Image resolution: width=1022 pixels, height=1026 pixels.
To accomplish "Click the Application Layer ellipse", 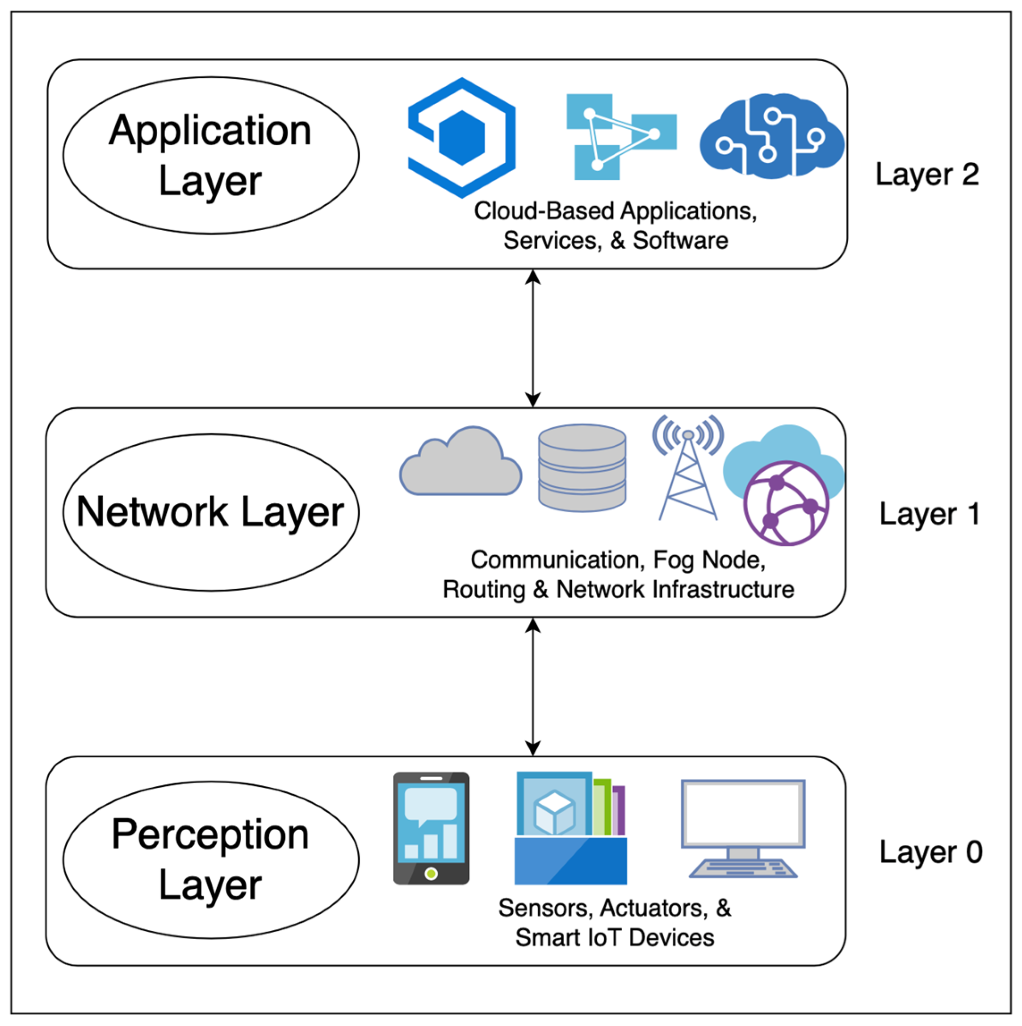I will pos(211,155).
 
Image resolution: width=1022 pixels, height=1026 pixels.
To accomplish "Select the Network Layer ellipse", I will pos(211,512).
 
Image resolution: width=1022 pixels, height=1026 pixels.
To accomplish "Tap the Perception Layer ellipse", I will pos(211,860).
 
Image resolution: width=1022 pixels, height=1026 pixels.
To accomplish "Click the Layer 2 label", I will pos(926,174).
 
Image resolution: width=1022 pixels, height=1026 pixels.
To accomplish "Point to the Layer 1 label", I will pos(929,514).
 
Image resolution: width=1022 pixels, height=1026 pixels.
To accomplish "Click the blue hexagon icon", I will pos(462,138).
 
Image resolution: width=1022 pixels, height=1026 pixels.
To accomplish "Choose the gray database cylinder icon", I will pos(582,467).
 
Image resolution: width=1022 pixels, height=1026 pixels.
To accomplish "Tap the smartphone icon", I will pos(431,828).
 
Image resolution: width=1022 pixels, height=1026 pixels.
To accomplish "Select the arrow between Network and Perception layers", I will pos(533,686).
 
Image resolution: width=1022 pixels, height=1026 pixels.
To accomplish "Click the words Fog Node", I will pos(709,560).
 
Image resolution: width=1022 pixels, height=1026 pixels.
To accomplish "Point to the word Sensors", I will pos(545,908).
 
